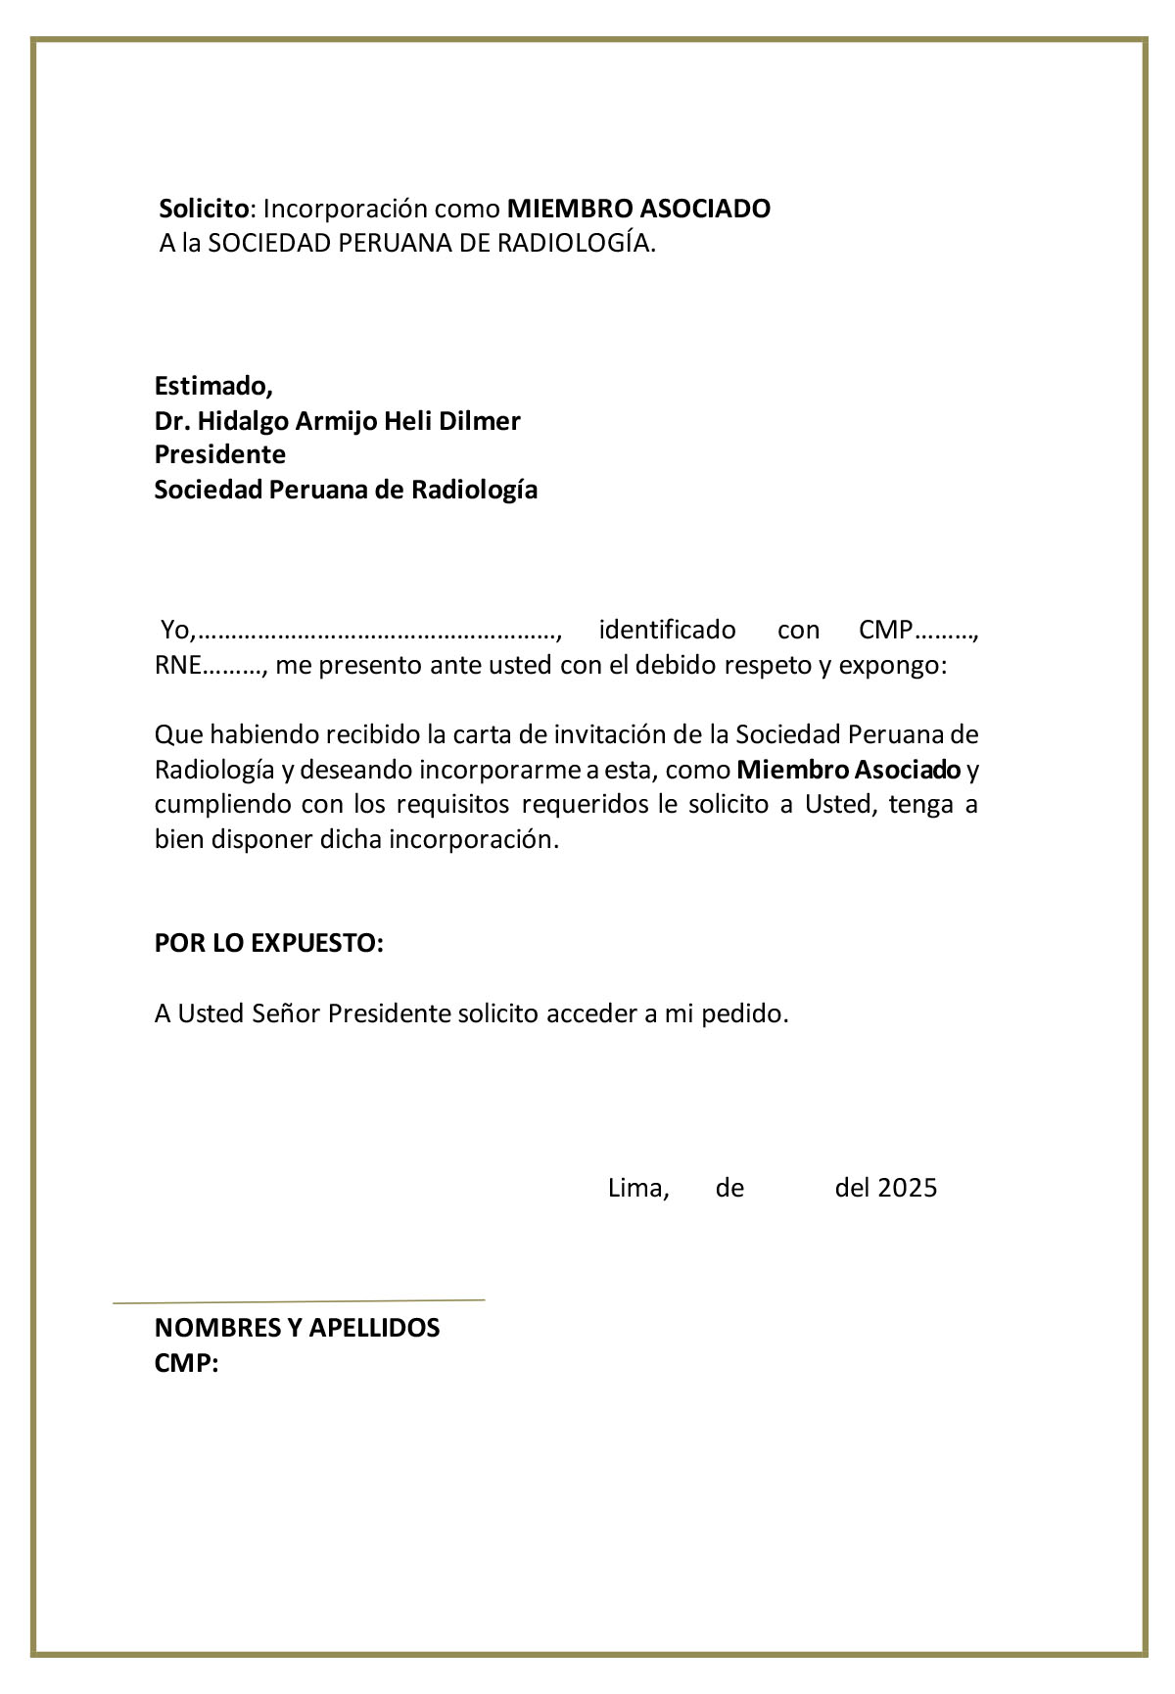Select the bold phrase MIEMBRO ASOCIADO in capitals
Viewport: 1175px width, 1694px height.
tap(638, 209)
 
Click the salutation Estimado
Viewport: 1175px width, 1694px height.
tap(212, 385)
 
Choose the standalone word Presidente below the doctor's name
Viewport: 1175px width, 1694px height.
tap(220, 455)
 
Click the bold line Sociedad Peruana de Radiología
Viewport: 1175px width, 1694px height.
tap(346, 490)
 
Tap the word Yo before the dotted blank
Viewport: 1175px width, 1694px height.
tap(178, 629)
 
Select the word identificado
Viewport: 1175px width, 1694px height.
tap(667, 629)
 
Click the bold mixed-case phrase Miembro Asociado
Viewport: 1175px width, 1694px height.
tap(848, 770)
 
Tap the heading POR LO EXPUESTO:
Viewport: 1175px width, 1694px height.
tap(269, 944)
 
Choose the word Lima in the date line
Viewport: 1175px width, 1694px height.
tap(637, 1189)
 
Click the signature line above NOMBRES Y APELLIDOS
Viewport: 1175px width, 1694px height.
tap(299, 1301)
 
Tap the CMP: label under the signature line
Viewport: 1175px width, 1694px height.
tap(186, 1363)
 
